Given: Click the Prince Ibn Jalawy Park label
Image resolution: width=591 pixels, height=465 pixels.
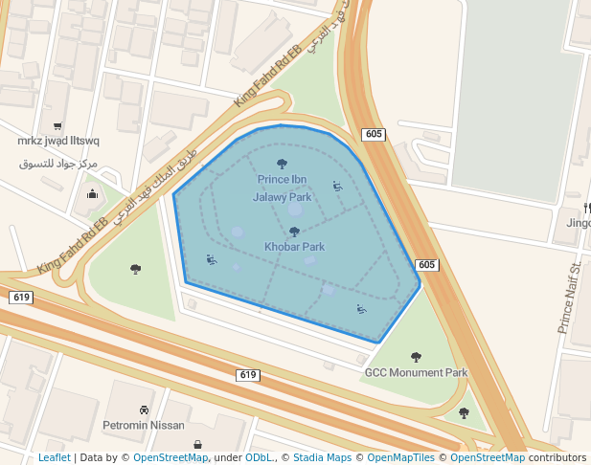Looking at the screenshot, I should click(x=282, y=188).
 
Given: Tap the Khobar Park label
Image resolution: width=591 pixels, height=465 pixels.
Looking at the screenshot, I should click(x=294, y=247).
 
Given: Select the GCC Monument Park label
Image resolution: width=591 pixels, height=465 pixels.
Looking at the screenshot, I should click(x=416, y=372).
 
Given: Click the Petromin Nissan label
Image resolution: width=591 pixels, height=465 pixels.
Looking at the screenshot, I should click(x=143, y=425).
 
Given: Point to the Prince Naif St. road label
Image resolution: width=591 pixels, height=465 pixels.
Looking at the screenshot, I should click(x=570, y=298).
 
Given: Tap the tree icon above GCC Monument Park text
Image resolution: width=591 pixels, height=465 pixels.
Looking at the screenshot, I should click(x=416, y=357).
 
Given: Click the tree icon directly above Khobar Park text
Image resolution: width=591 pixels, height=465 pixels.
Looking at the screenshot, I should click(x=294, y=232).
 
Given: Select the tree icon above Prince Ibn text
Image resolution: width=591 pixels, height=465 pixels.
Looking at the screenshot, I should click(x=282, y=164).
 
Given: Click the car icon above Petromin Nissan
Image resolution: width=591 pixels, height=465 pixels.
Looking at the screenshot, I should click(x=143, y=410).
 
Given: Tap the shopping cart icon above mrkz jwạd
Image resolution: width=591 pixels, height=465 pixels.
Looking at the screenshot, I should click(x=58, y=125).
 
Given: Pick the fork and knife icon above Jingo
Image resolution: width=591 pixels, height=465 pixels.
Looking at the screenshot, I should click(x=585, y=208).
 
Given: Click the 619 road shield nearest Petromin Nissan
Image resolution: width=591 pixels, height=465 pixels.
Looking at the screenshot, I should click(x=248, y=374).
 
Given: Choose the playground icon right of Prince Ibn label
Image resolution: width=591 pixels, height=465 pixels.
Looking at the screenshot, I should click(x=337, y=187).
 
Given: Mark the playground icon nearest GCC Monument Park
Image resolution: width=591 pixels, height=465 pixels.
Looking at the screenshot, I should click(x=361, y=308).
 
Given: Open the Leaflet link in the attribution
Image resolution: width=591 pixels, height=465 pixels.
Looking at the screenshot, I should click(x=54, y=457).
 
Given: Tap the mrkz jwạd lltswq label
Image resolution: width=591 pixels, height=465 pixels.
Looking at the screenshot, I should click(x=58, y=141).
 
